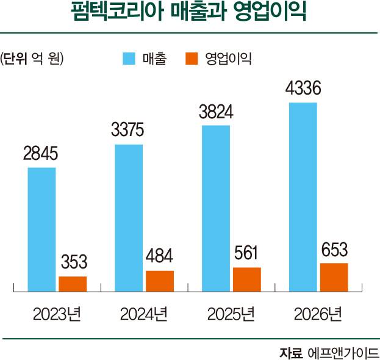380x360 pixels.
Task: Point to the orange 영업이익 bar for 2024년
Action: click(x=160, y=280)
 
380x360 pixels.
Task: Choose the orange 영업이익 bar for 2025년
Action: click(x=246, y=279)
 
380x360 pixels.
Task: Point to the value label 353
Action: click(x=73, y=264)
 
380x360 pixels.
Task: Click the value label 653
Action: click(x=334, y=250)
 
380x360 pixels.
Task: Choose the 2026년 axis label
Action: click(x=318, y=315)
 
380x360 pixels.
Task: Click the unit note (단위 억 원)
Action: click(x=33, y=59)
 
